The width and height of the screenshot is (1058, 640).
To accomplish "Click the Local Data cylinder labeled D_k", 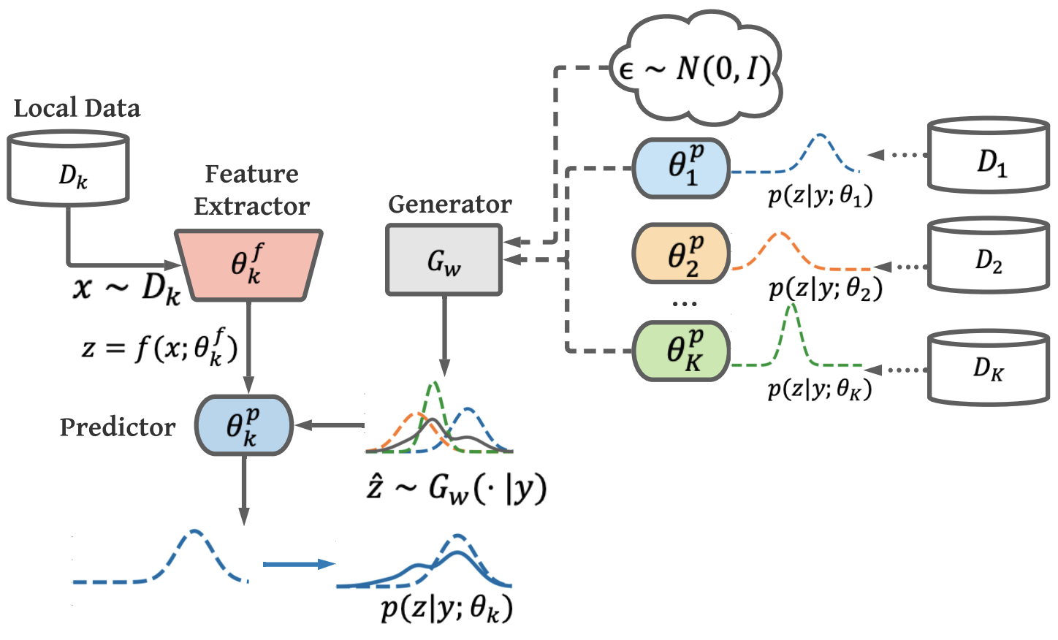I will click(69, 169).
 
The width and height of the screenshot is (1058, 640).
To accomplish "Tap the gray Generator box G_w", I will click(444, 260).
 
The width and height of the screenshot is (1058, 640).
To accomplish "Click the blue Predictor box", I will click(243, 426).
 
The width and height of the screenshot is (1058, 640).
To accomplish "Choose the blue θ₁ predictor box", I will click(681, 168).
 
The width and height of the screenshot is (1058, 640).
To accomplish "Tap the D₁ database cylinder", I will click(989, 156).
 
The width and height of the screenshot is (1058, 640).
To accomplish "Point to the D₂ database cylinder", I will click(989, 256).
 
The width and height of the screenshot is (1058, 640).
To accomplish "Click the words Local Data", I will click(77, 109).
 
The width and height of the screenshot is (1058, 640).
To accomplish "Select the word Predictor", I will click(118, 427).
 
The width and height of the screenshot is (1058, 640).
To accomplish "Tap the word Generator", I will click(449, 205).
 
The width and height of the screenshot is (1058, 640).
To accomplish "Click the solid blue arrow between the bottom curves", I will click(298, 564).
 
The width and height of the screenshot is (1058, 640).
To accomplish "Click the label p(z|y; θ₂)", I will click(825, 289).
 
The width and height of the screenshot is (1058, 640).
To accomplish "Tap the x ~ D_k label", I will click(126, 288).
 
